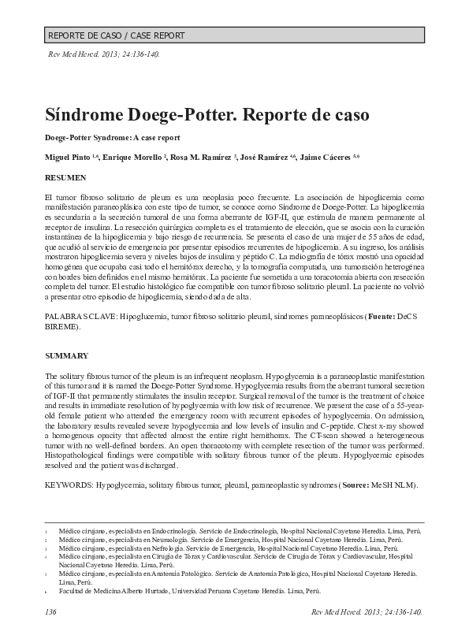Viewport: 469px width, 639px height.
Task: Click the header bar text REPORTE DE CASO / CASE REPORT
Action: pos(116,35)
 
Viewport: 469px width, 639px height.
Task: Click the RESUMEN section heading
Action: pos(65,179)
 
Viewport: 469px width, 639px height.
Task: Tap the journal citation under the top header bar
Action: pos(105,56)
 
